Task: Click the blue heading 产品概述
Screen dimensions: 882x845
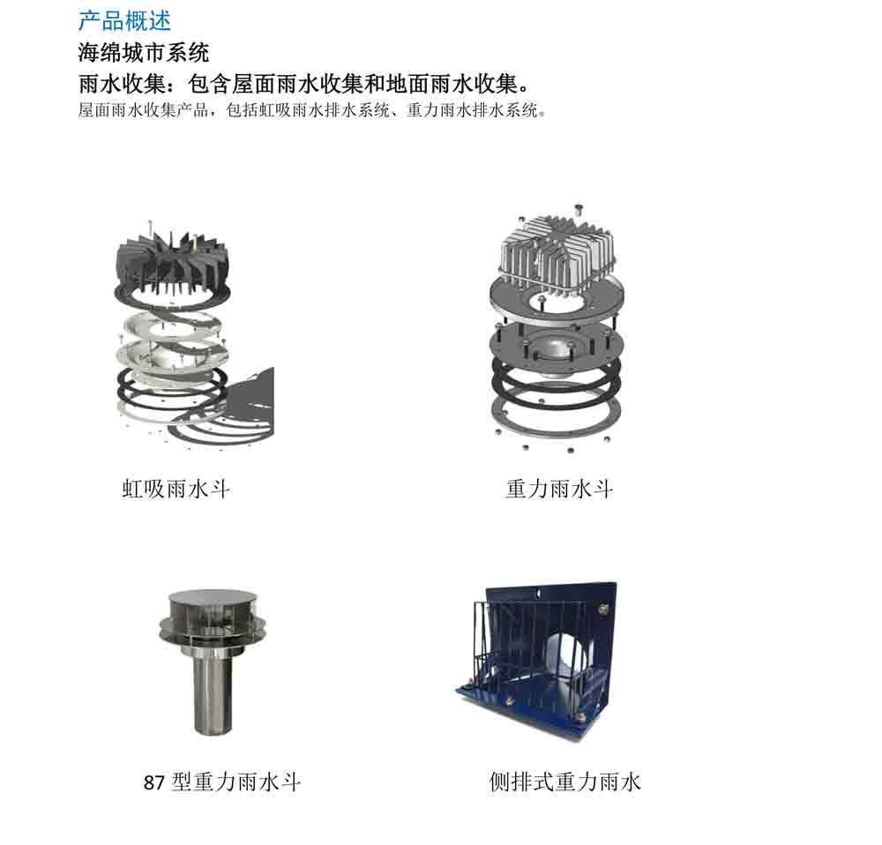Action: [124, 21]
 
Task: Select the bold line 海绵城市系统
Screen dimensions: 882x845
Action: [144, 53]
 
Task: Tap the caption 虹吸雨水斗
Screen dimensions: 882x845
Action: [176, 489]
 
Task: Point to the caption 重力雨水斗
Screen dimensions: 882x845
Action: [559, 489]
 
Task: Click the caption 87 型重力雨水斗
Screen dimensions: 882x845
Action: [222, 782]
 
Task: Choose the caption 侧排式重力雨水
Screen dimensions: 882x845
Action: [564, 782]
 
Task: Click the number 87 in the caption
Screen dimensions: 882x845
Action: [153, 783]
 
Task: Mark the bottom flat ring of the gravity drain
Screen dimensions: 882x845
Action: [557, 415]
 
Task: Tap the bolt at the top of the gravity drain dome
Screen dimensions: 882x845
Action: [578, 209]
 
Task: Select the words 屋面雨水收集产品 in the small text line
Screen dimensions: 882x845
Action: [144, 109]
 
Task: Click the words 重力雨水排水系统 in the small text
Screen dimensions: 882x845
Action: [472, 109]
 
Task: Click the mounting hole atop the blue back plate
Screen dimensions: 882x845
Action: [538, 594]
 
